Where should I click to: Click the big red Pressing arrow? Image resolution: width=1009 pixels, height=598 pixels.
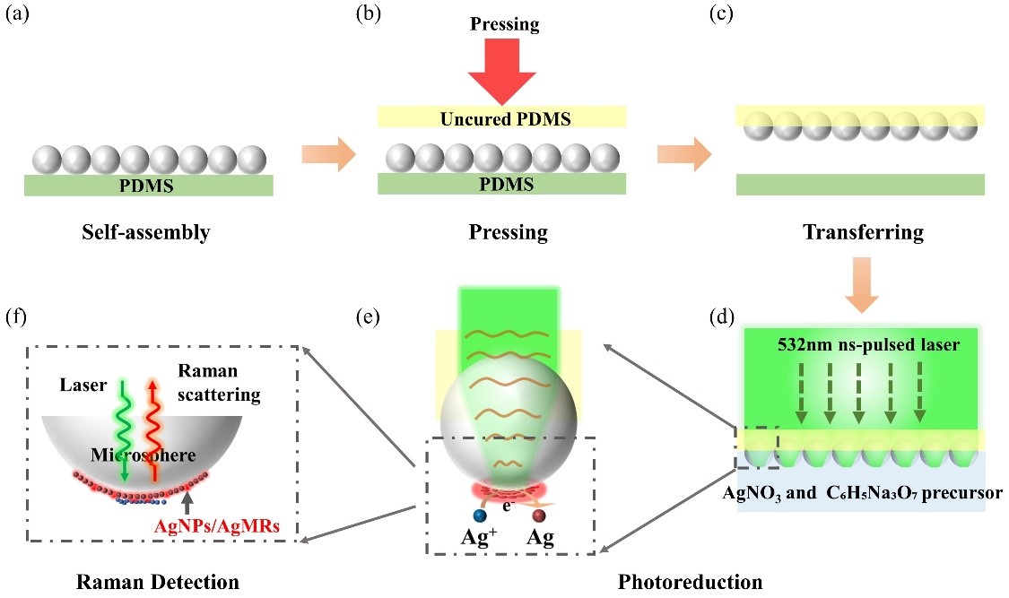pyautogui.click(x=505, y=73)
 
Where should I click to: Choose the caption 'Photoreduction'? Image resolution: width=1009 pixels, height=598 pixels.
pyautogui.click(x=690, y=582)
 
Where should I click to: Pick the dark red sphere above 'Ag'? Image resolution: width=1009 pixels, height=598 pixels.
pyautogui.click(x=540, y=516)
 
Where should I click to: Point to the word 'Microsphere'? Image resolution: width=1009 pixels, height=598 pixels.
pyautogui.click(x=144, y=455)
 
